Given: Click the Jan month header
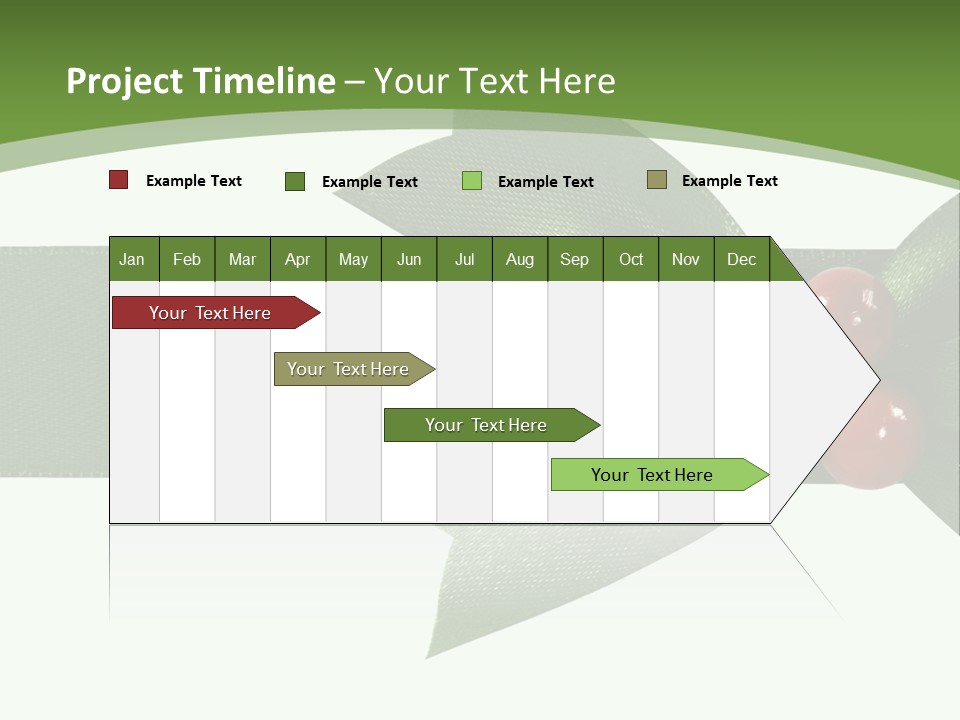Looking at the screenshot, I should pos(132,259).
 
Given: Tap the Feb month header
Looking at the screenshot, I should pos(187,259).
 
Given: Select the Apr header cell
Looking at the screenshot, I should pos(297,259).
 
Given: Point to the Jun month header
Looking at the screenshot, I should pos(409,259).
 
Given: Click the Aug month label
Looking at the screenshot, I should pos(519,259).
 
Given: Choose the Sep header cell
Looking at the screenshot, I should pos(574,259).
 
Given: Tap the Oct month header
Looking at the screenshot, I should pos(631,259).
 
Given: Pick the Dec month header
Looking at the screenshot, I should pos(741,259).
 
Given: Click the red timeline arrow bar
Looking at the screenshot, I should pos(211,313).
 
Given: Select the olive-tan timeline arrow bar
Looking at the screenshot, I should pos(349,369).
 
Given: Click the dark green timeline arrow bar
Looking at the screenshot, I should pos(487,425).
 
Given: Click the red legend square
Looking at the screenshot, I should pos(119,180).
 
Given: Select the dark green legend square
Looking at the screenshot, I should pos(295,181).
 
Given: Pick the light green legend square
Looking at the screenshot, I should pos(472,181).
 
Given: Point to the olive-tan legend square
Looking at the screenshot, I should pos(657,180).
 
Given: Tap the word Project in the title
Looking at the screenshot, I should pos(124,81).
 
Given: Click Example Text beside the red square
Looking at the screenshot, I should pos(194,181).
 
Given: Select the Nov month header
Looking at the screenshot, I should pos(685,259).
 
